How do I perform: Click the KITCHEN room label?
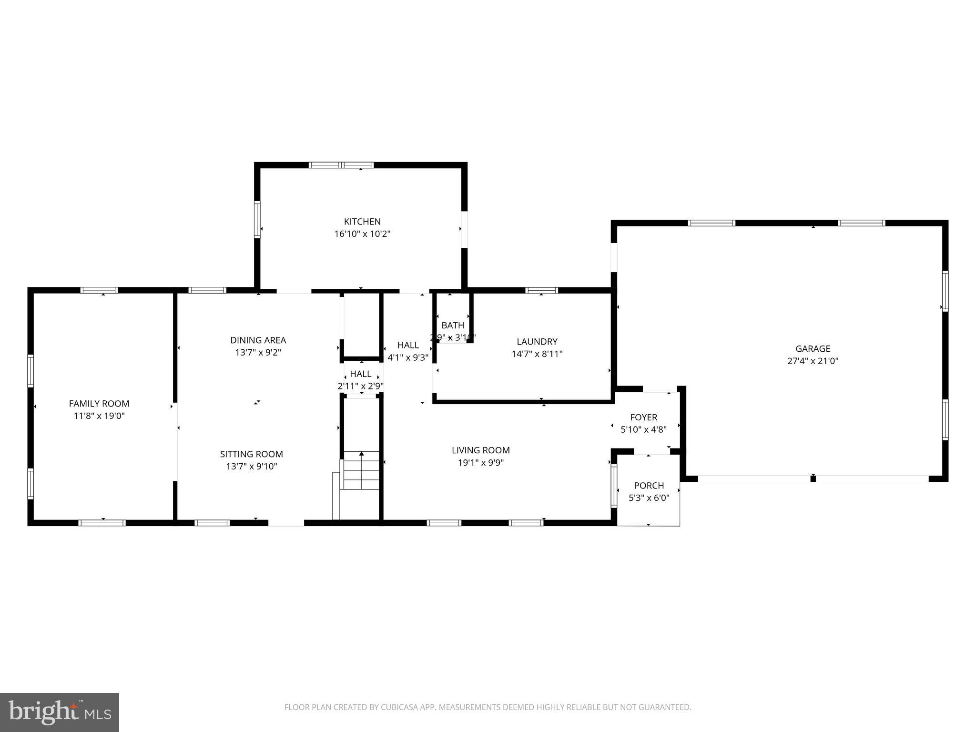click(x=362, y=222)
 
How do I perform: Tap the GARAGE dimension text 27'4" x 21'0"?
click(x=813, y=361)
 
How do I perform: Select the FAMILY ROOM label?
click(x=99, y=404)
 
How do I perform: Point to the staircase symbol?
click(x=361, y=470)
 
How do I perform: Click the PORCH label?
click(x=649, y=486)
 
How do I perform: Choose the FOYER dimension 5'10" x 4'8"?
click(x=643, y=429)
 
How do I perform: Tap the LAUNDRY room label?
click(x=537, y=342)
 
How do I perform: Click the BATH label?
click(x=453, y=325)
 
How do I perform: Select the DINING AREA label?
click(x=258, y=340)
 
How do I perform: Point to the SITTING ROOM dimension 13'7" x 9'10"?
click(x=252, y=467)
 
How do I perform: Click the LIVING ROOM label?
click(x=480, y=450)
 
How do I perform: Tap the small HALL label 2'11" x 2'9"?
click(x=360, y=374)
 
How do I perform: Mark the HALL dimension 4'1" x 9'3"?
click(x=408, y=357)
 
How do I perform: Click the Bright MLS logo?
click(x=60, y=712)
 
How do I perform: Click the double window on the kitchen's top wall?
click(x=341, y=165)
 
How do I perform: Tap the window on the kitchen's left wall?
click(x=257, y=219)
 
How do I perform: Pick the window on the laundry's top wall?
click(x=541, y=290)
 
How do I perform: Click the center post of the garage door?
click(x=813, y=478)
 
